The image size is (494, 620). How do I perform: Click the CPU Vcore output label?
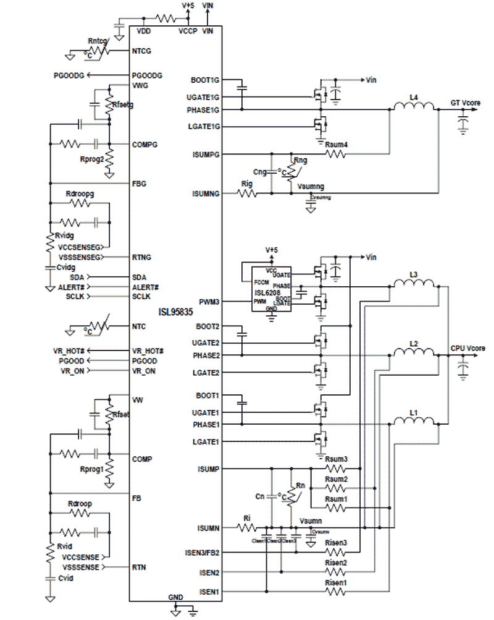(x=467, y=348)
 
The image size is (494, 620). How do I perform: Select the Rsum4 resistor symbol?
(x=337, y=154)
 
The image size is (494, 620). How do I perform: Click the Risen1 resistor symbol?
(x=337, y=592)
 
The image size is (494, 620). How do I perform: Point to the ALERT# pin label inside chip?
(x=146, y=287)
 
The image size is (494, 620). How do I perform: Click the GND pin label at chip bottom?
(x=175, y=598)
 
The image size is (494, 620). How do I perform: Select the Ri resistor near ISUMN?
(x=248, y=528)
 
